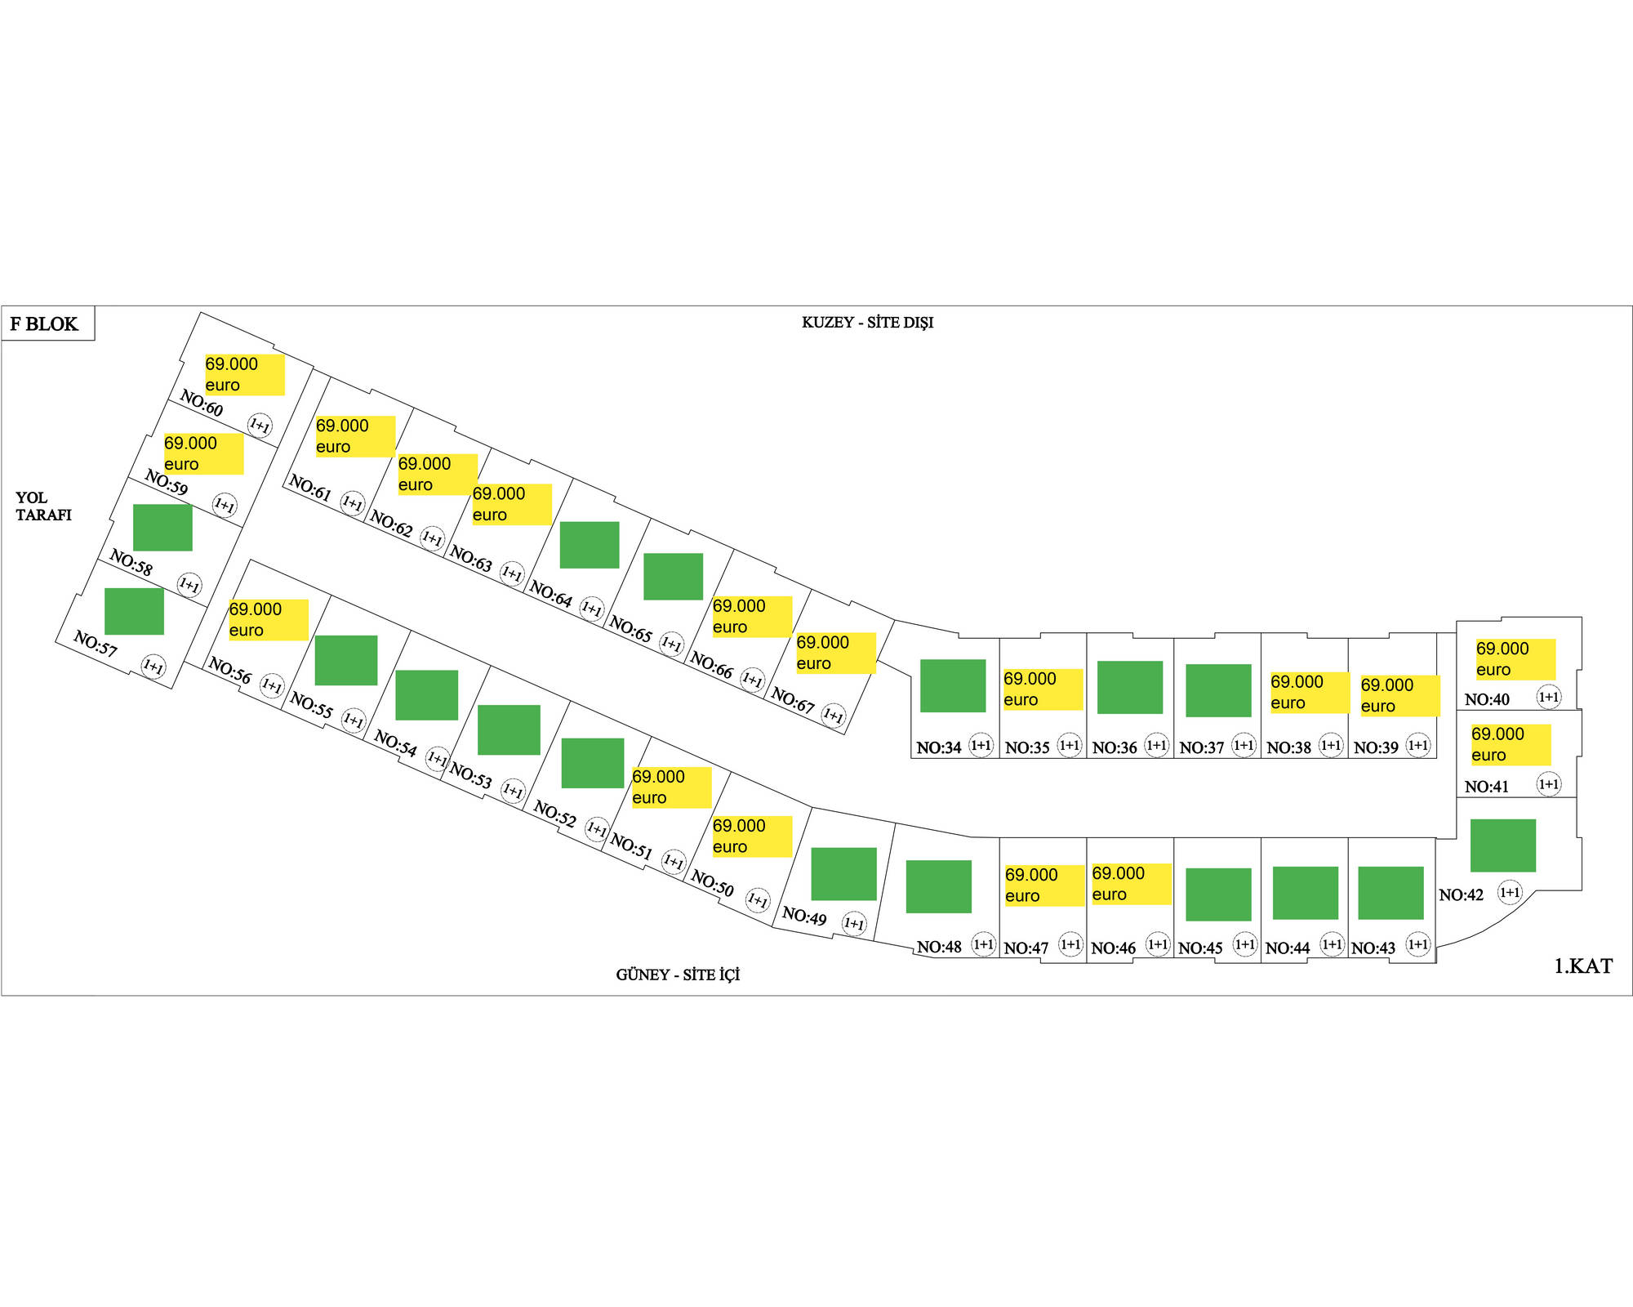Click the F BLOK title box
tap(47, 323)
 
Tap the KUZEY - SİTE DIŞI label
tap(867, 323)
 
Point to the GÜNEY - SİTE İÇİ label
tap(678, 975)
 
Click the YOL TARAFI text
tap(43, 506)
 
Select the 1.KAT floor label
tap(1582, 966)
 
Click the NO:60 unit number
tap(201, 404)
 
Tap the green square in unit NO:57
tap(134, 611)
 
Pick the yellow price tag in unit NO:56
tap(268, 620)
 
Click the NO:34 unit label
tap(938, 747)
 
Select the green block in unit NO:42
tap(1502, 845)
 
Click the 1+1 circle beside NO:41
tap(1548, 784)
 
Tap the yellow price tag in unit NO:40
tap(1515, 659)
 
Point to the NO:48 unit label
tap(939, 948)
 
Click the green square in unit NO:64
tap(590, 545)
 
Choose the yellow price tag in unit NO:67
tap(835, 653)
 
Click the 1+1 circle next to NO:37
tap(1244, 745)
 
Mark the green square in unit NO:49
tap(843, 874)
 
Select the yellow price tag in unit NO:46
tap(1131, 884)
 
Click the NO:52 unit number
tap(554, 814)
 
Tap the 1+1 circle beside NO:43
tap(1418, 944)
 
